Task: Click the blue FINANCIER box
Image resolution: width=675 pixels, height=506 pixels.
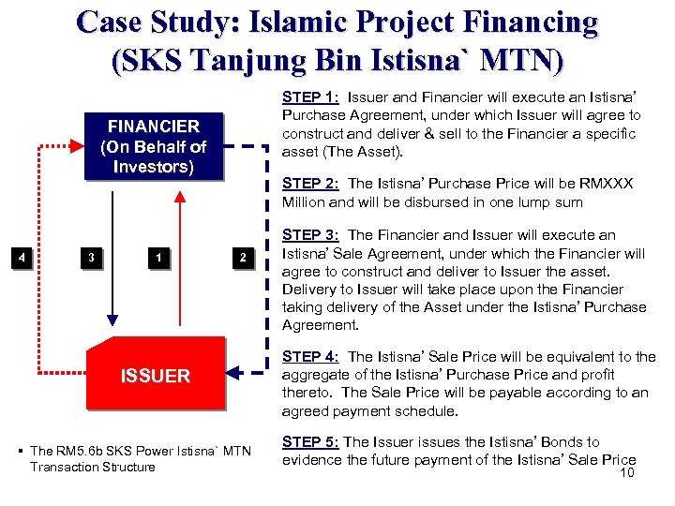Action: click(x=153, y=147)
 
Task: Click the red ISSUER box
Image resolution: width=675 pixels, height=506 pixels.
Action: click(x=156, y=376)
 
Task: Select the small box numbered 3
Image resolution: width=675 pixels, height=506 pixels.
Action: click(x=89, y=258)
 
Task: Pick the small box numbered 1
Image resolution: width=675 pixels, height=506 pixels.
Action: click(x=160, y=258)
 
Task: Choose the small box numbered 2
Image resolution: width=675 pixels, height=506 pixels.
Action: click(x=243, y=258)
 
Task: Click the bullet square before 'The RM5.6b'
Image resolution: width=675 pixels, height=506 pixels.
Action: click(x=20, y=452)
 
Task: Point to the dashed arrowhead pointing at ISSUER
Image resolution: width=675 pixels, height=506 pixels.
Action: click(x=233, y=375)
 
